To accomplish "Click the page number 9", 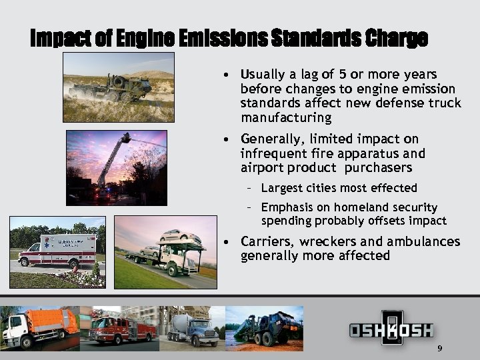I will click(x=439, y=350).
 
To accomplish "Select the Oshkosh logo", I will click(x=392, y=329).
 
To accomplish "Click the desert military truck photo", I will click(x=118, y=87).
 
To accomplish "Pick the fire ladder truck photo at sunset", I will click(x=116, y=167).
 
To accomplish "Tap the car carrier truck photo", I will click(x=165, y=252).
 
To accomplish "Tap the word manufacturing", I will click(x=286, y=118).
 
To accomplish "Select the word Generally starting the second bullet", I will click(x=271, y=139).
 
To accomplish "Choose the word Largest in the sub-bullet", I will click(x=281, y=188).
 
